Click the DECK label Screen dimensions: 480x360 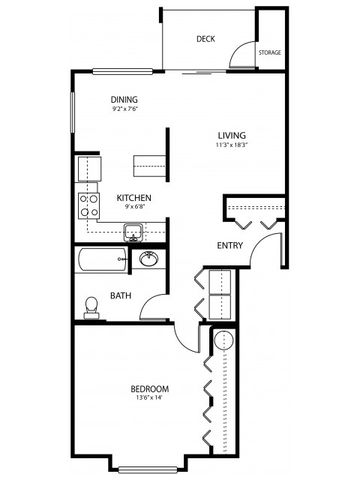point(206,39)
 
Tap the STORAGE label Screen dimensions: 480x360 point(269,51)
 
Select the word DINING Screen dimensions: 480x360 point(124,99)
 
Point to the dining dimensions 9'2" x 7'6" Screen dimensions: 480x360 point(124,110)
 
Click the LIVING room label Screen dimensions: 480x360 point(233,135)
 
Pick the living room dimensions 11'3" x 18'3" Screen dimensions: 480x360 point(233,146)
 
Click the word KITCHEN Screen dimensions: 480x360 point(134,198)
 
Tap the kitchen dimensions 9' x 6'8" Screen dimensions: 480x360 point(134,209)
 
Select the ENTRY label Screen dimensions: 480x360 point(231,245)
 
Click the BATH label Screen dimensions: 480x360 point(121,295)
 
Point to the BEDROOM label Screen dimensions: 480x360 point(148,388)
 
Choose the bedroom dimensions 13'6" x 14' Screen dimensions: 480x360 point(148,399)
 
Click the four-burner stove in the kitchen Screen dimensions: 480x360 point(90,205)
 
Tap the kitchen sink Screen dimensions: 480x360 point(132,233)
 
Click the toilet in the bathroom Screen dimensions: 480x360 point(91,306)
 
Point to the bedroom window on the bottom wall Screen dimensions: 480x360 point(148,468)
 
